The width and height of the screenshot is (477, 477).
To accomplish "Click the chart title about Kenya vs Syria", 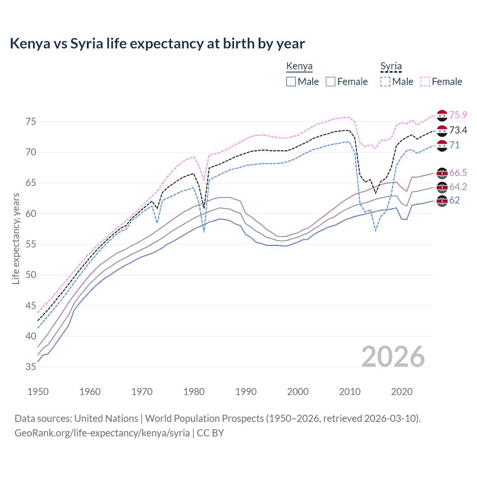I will point(157,44).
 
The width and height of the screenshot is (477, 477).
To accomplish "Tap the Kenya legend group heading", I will point(299,66).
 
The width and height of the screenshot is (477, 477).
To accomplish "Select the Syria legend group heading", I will point(391,66).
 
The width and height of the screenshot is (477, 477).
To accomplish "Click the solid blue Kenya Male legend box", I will point(291,82).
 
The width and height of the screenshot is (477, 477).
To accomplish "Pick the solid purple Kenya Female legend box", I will point(331,82).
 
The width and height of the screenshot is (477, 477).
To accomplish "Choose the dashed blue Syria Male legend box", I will point(385,82).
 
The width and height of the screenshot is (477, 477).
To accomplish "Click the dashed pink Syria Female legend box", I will point(425,82).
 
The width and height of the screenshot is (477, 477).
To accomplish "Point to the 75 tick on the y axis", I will point(31,121).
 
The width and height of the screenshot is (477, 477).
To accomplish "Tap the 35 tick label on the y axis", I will point(31,367).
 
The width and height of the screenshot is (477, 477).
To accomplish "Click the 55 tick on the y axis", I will point(31,244).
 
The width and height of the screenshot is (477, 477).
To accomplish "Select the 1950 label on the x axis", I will point(38,392).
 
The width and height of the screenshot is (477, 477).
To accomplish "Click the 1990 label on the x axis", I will point(246,392).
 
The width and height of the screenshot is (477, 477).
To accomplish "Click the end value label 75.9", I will point(458,115).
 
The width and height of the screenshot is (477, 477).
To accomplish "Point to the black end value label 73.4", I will point(458,130).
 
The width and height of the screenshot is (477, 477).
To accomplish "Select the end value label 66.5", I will point(458,173).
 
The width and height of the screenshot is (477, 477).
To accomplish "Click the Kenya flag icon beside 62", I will point(442,201).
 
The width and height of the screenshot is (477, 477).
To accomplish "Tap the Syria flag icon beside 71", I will point(442,146).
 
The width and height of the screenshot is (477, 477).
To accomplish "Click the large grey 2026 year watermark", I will point(393,357).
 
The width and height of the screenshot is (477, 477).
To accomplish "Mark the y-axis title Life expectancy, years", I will point(16,238).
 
